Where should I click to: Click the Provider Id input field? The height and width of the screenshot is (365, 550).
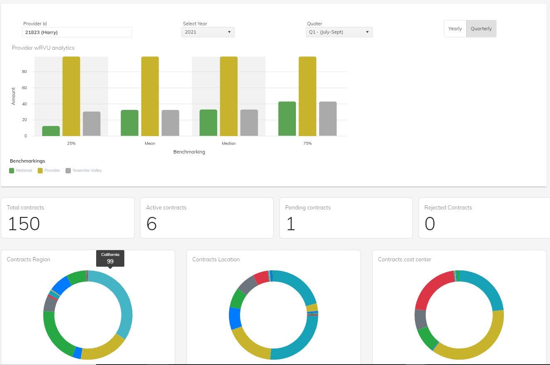click(77, 32)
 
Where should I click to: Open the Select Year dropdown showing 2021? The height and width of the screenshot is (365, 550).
click(208, 32)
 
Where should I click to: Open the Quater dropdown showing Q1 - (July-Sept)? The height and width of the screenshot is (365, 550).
click(339, 32)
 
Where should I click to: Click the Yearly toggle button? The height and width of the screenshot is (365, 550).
click(455, 29)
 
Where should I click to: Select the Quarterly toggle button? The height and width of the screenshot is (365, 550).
click(481, 29)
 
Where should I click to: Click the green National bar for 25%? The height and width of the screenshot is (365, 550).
click(51, 131)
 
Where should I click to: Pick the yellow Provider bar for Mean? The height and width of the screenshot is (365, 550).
click(150, 96)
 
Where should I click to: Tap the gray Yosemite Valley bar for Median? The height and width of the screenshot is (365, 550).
click(249, 123)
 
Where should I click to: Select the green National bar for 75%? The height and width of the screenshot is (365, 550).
click(287, 119)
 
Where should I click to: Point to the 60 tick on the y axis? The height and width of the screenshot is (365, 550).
click(24, 88)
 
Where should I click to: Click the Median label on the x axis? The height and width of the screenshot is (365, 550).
click(229, 143)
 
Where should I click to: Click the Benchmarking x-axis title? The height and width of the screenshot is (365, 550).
click(189, 152)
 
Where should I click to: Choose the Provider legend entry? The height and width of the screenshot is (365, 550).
click(49, 170)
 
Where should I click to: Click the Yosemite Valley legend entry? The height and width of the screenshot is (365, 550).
click(84, 170)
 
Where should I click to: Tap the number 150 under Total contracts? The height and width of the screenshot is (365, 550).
click(24, 224)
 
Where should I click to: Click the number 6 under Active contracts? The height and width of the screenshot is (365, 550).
click(152, 224)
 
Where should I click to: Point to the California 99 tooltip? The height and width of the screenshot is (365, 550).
click(110, 258)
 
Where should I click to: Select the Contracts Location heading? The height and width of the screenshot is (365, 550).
click(216, 259)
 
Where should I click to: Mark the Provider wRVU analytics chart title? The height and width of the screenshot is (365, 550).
click(43, 48)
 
